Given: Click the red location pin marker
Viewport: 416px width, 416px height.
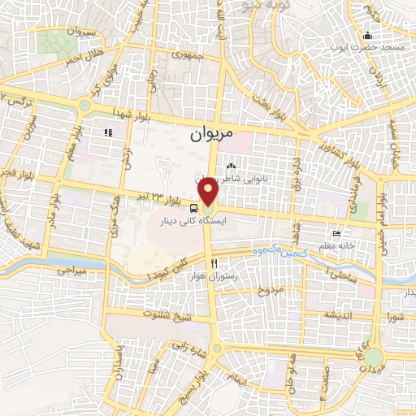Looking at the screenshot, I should pyautogui.click(x=210, y=191).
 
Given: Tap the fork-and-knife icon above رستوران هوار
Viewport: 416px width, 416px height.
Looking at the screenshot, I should pyautogui.click(x=214, y=263).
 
